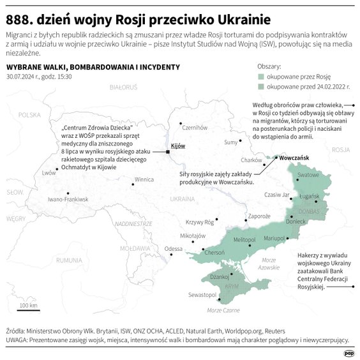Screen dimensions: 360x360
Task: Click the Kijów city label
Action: [x=179, y=146]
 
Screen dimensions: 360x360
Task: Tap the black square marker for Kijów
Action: [x=168, y=152]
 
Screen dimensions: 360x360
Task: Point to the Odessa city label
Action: [x=173, y=249]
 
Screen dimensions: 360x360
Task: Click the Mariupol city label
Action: [x=274, y=238]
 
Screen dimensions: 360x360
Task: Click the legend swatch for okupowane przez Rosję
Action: [x=262, y=74]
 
